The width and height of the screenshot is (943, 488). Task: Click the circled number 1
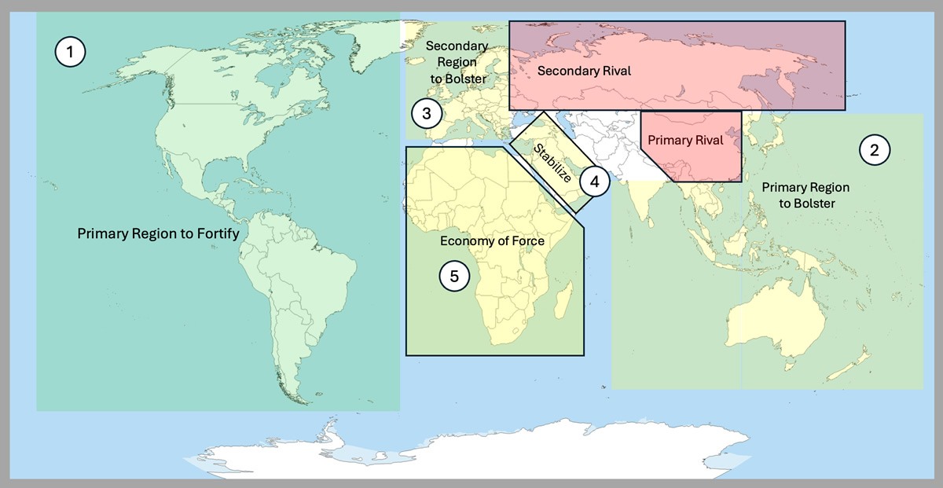[70, 53]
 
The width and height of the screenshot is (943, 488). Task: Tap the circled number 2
[875, 149]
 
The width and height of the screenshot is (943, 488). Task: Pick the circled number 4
[594, 182]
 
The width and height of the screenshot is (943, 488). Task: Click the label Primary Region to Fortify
[157, 233]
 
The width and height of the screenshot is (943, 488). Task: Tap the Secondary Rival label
[585, 72]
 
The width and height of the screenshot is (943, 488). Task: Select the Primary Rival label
[679, 141]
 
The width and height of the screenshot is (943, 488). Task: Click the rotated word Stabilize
[552, 163]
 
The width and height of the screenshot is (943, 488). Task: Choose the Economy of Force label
[492, 241]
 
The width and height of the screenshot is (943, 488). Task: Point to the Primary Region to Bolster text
[805, 196]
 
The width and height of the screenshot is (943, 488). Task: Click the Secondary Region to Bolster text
[457, 63]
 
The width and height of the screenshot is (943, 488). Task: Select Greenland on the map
[346, 47]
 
